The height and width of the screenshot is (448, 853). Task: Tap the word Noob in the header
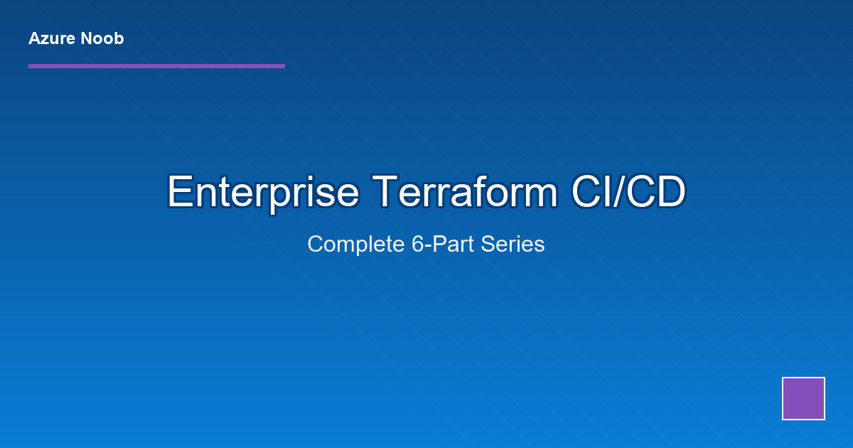coord(102,38)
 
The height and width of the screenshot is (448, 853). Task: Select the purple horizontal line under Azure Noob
coord(156,66)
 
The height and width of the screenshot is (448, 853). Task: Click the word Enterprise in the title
coord(262,192)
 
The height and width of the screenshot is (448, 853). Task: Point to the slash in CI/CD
coord(620,192)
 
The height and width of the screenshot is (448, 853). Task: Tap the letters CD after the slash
coord(658,192)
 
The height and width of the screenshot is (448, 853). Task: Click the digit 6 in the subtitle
coord(417,245)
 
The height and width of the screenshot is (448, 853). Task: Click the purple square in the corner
coord(803,398)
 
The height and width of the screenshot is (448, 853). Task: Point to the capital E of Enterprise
coord(178,192)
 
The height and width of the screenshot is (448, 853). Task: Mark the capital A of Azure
coord(34,38)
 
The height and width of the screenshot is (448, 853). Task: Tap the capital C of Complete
coord(315,245)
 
